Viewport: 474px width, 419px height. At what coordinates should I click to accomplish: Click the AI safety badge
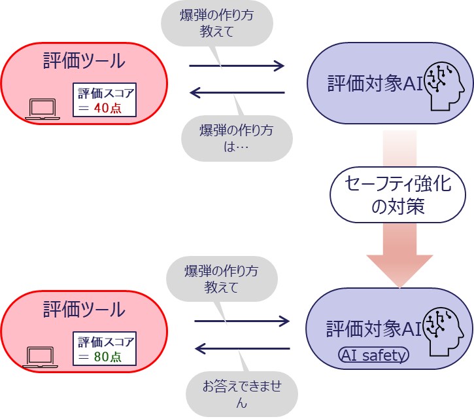[x=374, y=355]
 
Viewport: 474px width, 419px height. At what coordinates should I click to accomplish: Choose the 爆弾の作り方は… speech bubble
[x=237, y=137]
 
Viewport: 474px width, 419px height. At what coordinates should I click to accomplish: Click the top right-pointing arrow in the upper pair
[x=237, y=65]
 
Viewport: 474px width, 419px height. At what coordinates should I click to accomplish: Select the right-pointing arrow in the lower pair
[x=242, y=321]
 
